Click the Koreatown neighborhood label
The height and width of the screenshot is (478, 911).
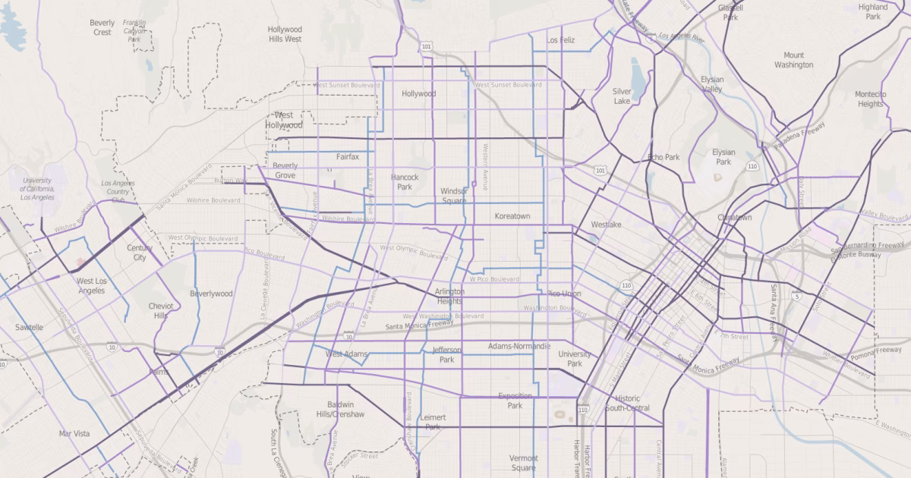point(512,216)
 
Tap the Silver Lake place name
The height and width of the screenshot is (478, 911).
point(622,96)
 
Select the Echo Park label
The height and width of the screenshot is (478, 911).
point(664,157)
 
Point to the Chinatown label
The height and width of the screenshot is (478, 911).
point(734,217)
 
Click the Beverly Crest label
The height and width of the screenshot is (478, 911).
point(102,28)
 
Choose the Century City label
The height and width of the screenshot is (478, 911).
point(140,253)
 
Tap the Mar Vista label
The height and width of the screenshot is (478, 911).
point(74,434)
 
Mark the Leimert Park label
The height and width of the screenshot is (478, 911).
point(433,422)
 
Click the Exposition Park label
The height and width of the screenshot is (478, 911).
point(515,401)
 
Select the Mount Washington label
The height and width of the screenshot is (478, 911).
point(793,60)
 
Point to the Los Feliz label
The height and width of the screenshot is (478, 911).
point(561,39)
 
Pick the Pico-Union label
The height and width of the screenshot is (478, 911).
point(563,294)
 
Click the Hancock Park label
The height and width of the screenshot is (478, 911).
point(405,182)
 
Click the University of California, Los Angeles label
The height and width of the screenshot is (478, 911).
point(37,189)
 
